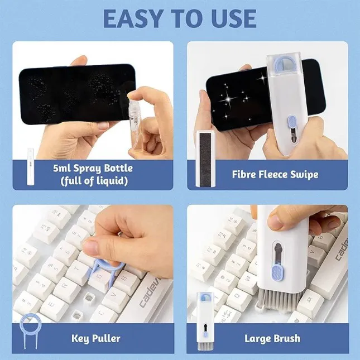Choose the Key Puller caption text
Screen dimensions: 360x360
pyautogui.click(x=95, y=338)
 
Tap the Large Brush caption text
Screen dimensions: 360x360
pyautogui.click(x=272, y=338)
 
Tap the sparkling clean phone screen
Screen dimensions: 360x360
pyautogui.click(x=234, y=100)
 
